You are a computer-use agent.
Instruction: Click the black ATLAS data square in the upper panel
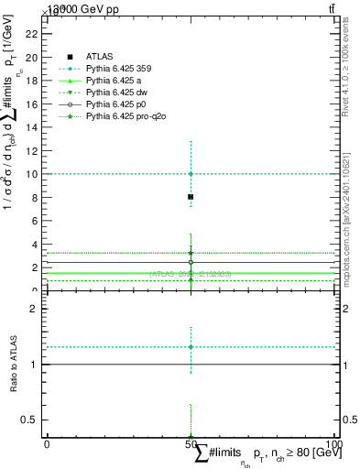pyautogui.click(x=191, y=197)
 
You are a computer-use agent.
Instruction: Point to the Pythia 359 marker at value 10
pyautogui.click(x=191, y=174)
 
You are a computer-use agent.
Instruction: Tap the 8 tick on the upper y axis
pyautogui.click(x=33, y=197)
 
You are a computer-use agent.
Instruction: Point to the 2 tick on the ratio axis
pyautogui.click(x=33, y=309)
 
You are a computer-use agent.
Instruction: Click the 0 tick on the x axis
pyautogui.click(x=47, y=445)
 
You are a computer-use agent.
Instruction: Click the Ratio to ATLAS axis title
pyautogui.click(x=13, y=364)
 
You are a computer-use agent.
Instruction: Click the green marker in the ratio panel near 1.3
pyautogui.click(x=191, y=347)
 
